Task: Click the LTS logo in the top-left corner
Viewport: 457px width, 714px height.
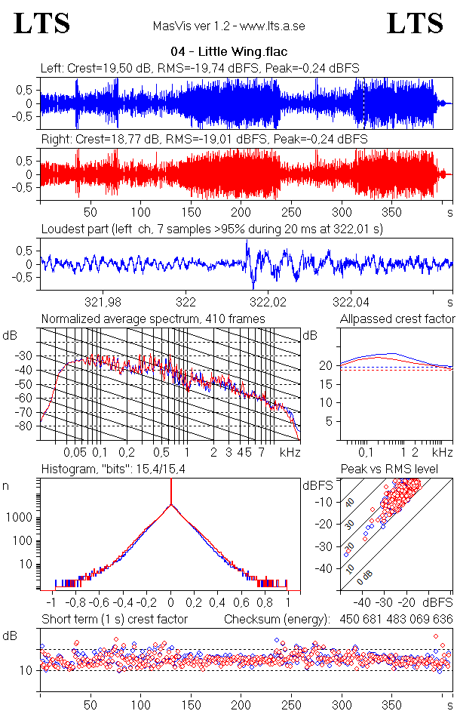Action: [42, 24]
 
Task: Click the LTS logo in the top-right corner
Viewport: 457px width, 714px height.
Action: [415, 24]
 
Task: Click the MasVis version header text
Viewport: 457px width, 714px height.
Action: [228, 26]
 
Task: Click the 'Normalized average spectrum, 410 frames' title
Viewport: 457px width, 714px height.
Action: [153, 319]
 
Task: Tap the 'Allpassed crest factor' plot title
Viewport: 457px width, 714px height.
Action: [397, 319]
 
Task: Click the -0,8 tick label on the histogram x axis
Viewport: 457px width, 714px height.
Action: [74, 604]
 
